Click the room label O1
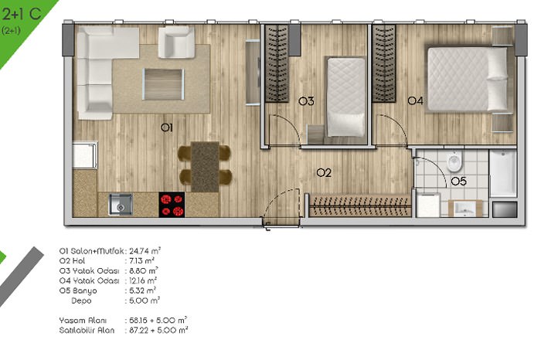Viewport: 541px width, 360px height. (x=167, y=127)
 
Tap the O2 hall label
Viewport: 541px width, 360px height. (x=324, y=172)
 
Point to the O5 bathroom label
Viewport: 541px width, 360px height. (x=458, y=181)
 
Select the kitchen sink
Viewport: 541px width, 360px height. (x=121, y=204)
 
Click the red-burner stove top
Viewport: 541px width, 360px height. (x=172, y=205)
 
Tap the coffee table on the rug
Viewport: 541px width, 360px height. (x=163, y=84)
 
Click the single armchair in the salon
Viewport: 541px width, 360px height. (x=176, y=42)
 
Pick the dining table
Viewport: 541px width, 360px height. (x=205, y=167)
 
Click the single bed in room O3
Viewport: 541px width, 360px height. (x=346, y=97)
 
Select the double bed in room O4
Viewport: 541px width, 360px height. (x=468, y=79)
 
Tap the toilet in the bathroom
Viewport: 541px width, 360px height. (x=454, y=161)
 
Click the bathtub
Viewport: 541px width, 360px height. (x=502, y=173)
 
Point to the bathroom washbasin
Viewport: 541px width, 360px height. (x=464, y=209)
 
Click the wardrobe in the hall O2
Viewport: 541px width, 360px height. (x=360, y=205)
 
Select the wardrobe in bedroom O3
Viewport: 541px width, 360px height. (x=277, y=63)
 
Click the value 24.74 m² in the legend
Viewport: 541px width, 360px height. (x=145, y=251)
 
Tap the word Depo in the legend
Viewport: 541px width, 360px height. (x=81, y=301)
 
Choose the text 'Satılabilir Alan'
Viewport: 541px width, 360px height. (x=87, y=331)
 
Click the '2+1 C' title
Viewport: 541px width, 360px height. (x=22, y=14)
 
